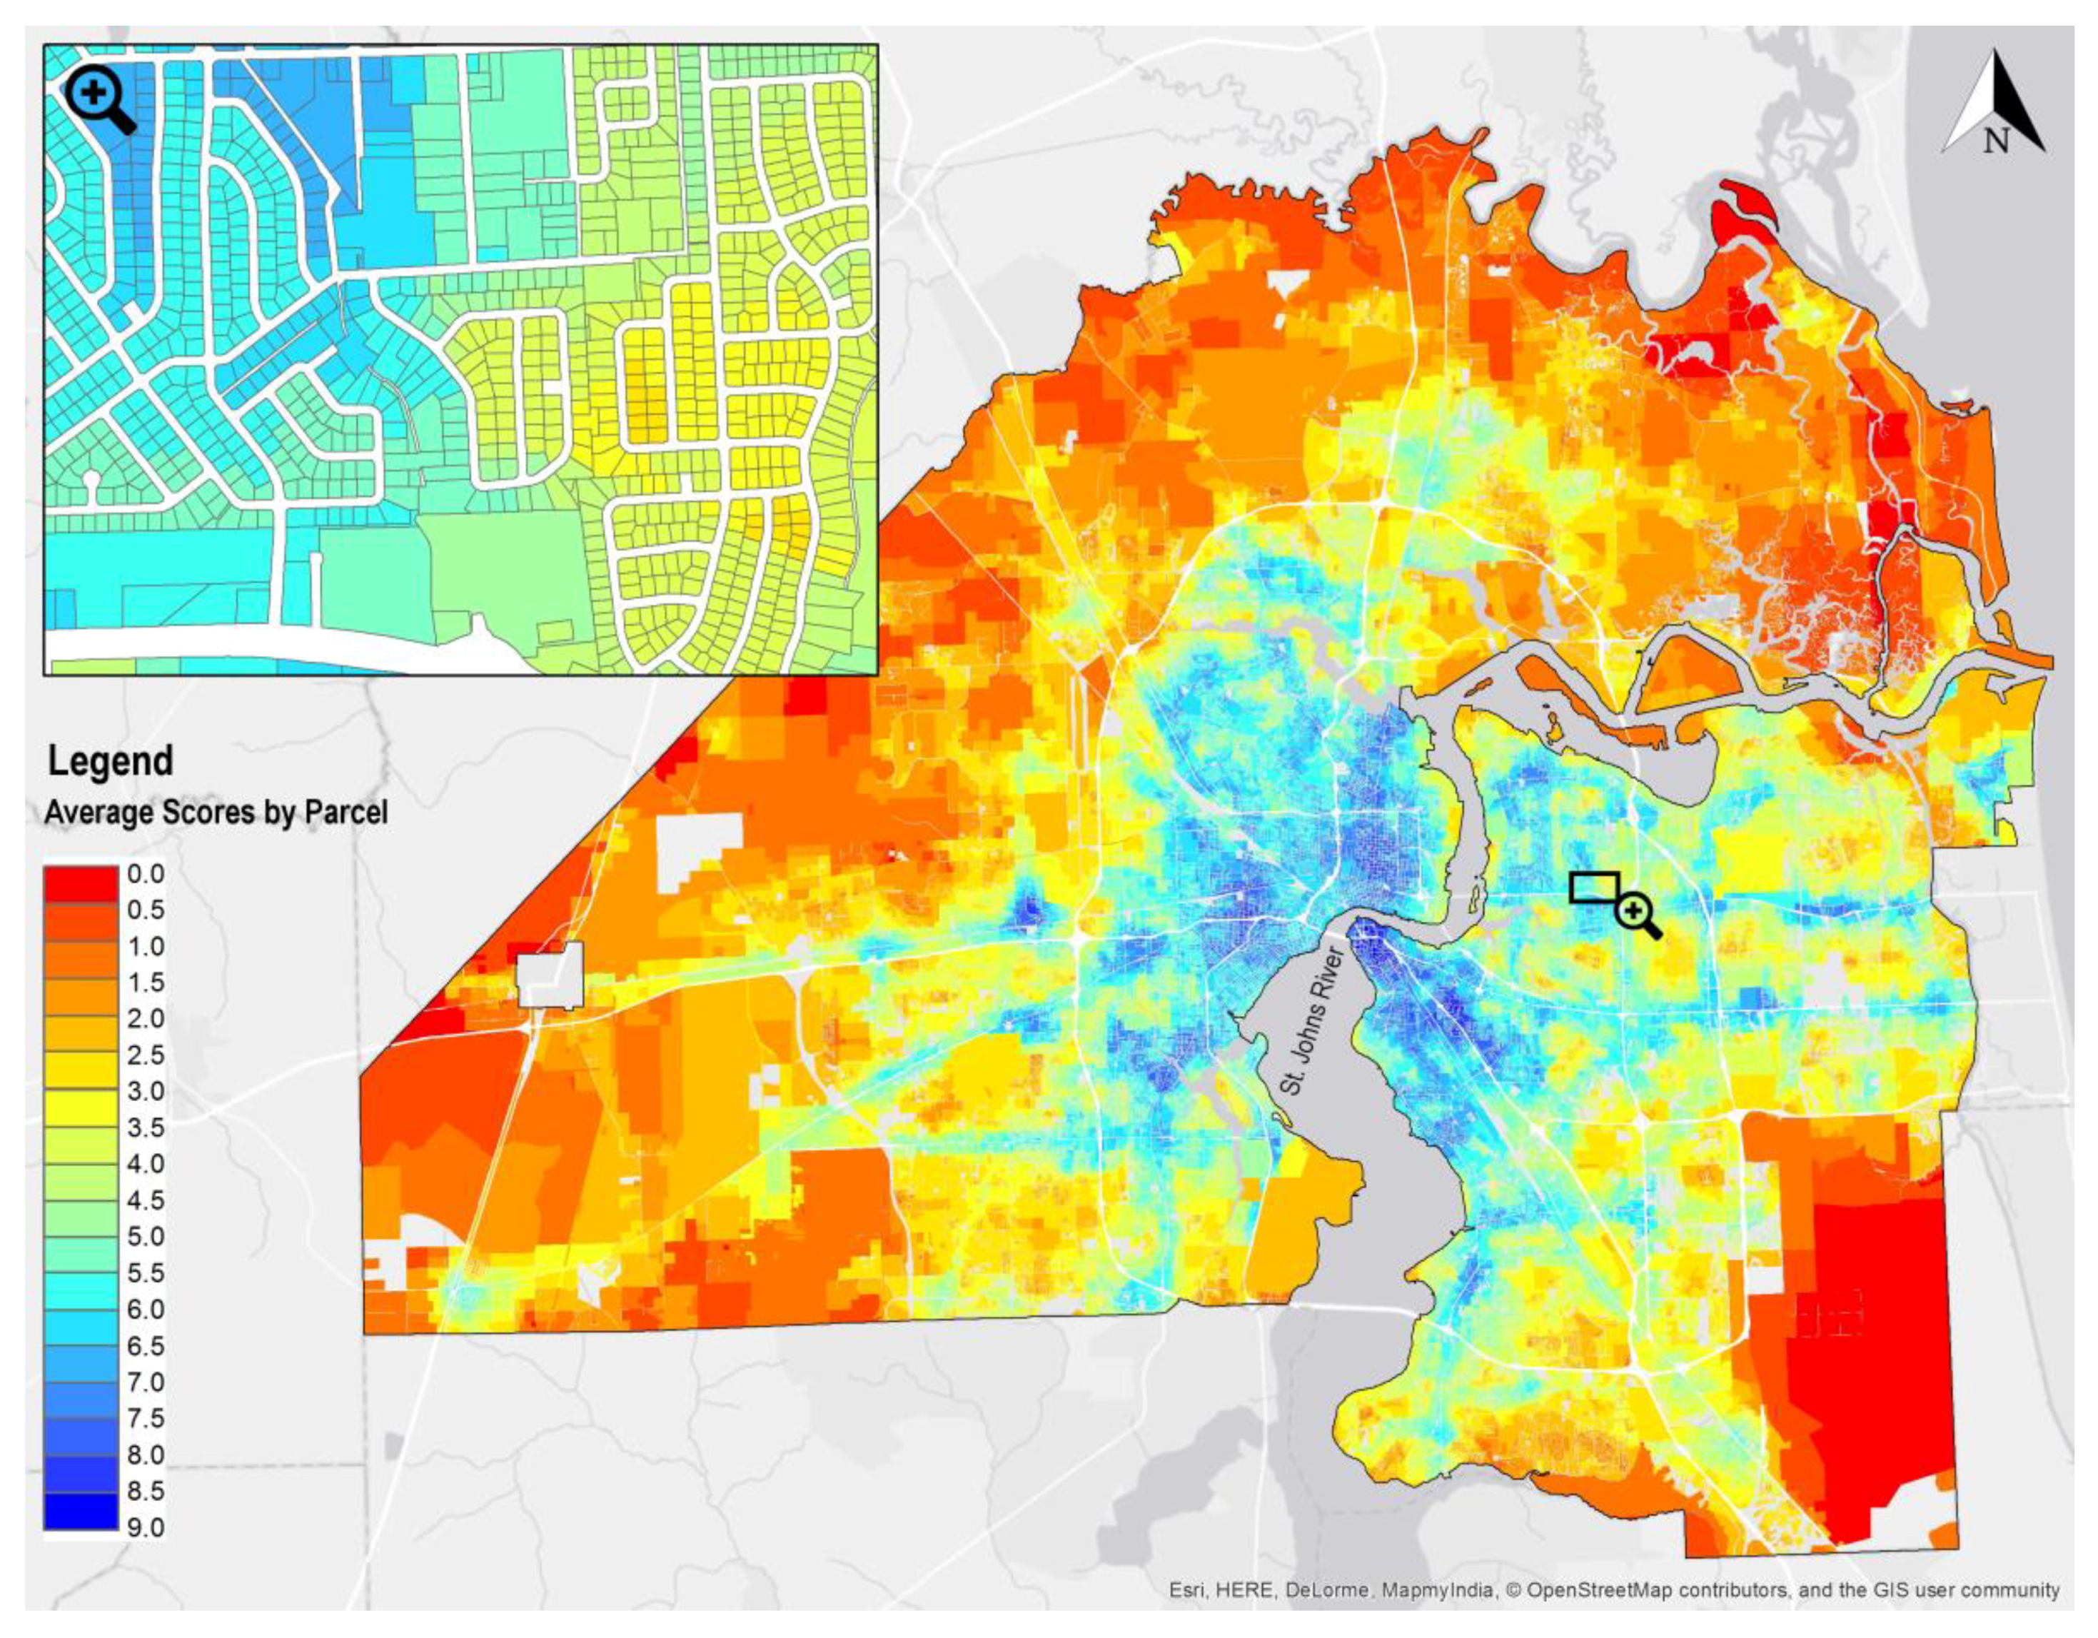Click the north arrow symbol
1992,115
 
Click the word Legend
111,761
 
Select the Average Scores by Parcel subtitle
216,813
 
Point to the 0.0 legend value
145,874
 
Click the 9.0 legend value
145,1527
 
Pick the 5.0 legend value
145,1237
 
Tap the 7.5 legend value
145,1418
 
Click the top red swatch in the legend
81,883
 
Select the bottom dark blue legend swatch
81,1510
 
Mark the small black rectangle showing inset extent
1594,887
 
